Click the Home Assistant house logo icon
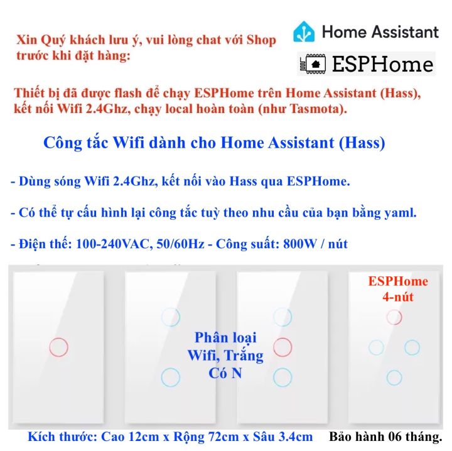click(x=304, y=31)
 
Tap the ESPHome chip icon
click(x=313, y=63)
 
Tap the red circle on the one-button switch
click(x=58, y=347)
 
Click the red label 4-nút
click(x=398, y=296)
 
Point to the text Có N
click(x=225, y=373)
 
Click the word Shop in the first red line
click(x=261, y=40)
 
